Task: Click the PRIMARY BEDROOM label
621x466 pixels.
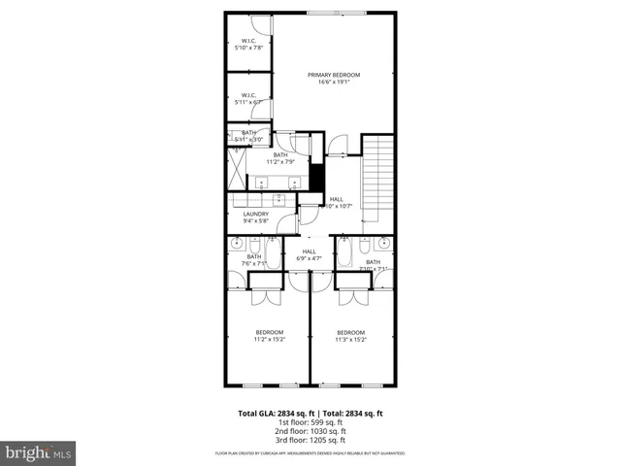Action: click(x=334, y=79)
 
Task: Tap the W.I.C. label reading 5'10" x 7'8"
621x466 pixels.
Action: click(x=248, y=45)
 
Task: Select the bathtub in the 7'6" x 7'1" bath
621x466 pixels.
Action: click(x=273, y=258)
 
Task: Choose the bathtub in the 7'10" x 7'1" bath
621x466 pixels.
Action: click(x=346, y=258)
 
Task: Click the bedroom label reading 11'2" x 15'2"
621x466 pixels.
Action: click(x=269, y=336)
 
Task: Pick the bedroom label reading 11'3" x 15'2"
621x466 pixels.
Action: click(x=351, y=336)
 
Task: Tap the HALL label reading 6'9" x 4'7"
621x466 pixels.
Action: click(x=309, y=255)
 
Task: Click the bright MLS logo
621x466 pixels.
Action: click(x=39, y=452)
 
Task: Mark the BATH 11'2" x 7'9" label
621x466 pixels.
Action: click(x=280, y=157)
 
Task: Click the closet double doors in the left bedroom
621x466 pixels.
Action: click(x=264, y=294)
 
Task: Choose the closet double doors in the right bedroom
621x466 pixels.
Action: click(x=353, y=294)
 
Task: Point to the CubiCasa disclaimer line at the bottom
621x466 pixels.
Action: click(x=310, y=453)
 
